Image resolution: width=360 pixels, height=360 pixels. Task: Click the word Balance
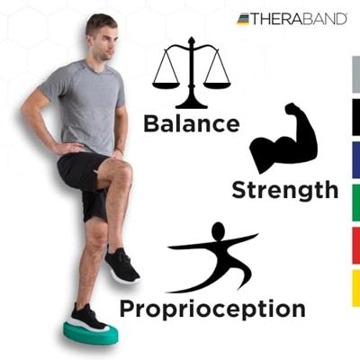[191, 123]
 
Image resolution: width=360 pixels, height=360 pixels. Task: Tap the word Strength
[284, 190]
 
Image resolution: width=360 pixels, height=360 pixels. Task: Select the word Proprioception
[211, 309]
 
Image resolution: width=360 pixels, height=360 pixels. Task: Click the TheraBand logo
[292, 18]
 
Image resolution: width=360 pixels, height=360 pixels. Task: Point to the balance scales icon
[191, 74]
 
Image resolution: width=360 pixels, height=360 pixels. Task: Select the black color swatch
[355, 117]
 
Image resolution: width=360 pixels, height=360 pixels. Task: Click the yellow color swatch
[355, 288]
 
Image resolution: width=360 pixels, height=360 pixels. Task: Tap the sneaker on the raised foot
[121, 265]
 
